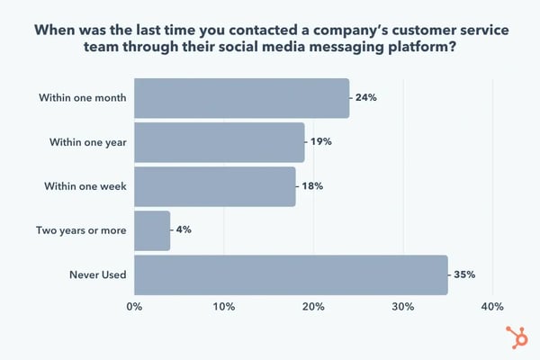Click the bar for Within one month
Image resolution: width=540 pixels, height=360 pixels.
tap(241, 98)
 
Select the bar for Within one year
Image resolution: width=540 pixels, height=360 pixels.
tap(220, 142)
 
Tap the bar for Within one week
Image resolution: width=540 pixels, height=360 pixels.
tap(215, 186)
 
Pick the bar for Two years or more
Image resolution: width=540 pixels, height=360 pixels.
tap(152, 230)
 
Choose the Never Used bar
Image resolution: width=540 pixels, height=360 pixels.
tap(291, 274)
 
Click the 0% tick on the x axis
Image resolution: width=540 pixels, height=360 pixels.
tap(134, 308)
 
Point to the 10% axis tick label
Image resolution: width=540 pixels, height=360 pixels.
tap(224, 308)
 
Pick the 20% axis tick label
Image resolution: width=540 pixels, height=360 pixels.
tap(313, 308)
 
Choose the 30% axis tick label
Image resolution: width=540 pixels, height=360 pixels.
tap(402, 308)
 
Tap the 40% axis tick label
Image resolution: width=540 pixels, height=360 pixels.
tap(492, 308)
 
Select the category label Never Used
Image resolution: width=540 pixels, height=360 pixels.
tap(96, 274)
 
